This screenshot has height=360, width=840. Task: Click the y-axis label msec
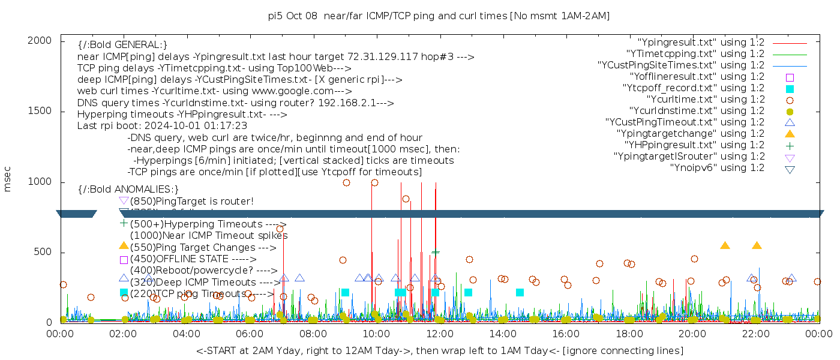pos(8,179)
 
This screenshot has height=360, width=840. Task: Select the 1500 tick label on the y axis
pos(40,111)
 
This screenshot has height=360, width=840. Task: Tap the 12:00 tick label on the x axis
pos(439,334)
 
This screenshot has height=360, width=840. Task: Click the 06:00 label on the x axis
pos(250,334)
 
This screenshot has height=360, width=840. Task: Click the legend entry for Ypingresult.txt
pos(701,43)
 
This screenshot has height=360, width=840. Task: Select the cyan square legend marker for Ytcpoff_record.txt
pos(790,89)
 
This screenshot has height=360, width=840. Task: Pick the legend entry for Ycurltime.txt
pos(705,100)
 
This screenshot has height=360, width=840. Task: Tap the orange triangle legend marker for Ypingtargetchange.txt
pos(790,134)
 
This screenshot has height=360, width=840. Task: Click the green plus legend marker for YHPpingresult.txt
pos(790,145)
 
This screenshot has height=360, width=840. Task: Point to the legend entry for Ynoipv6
pos(717,168)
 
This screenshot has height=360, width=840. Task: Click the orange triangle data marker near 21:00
pos(725,245)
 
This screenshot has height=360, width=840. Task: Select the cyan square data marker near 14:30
pos(520,292)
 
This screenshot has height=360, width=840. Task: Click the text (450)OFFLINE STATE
pos(180,259)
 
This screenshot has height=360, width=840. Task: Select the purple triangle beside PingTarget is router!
pos(124,200)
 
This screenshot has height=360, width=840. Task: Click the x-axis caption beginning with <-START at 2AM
pos(439,350)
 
